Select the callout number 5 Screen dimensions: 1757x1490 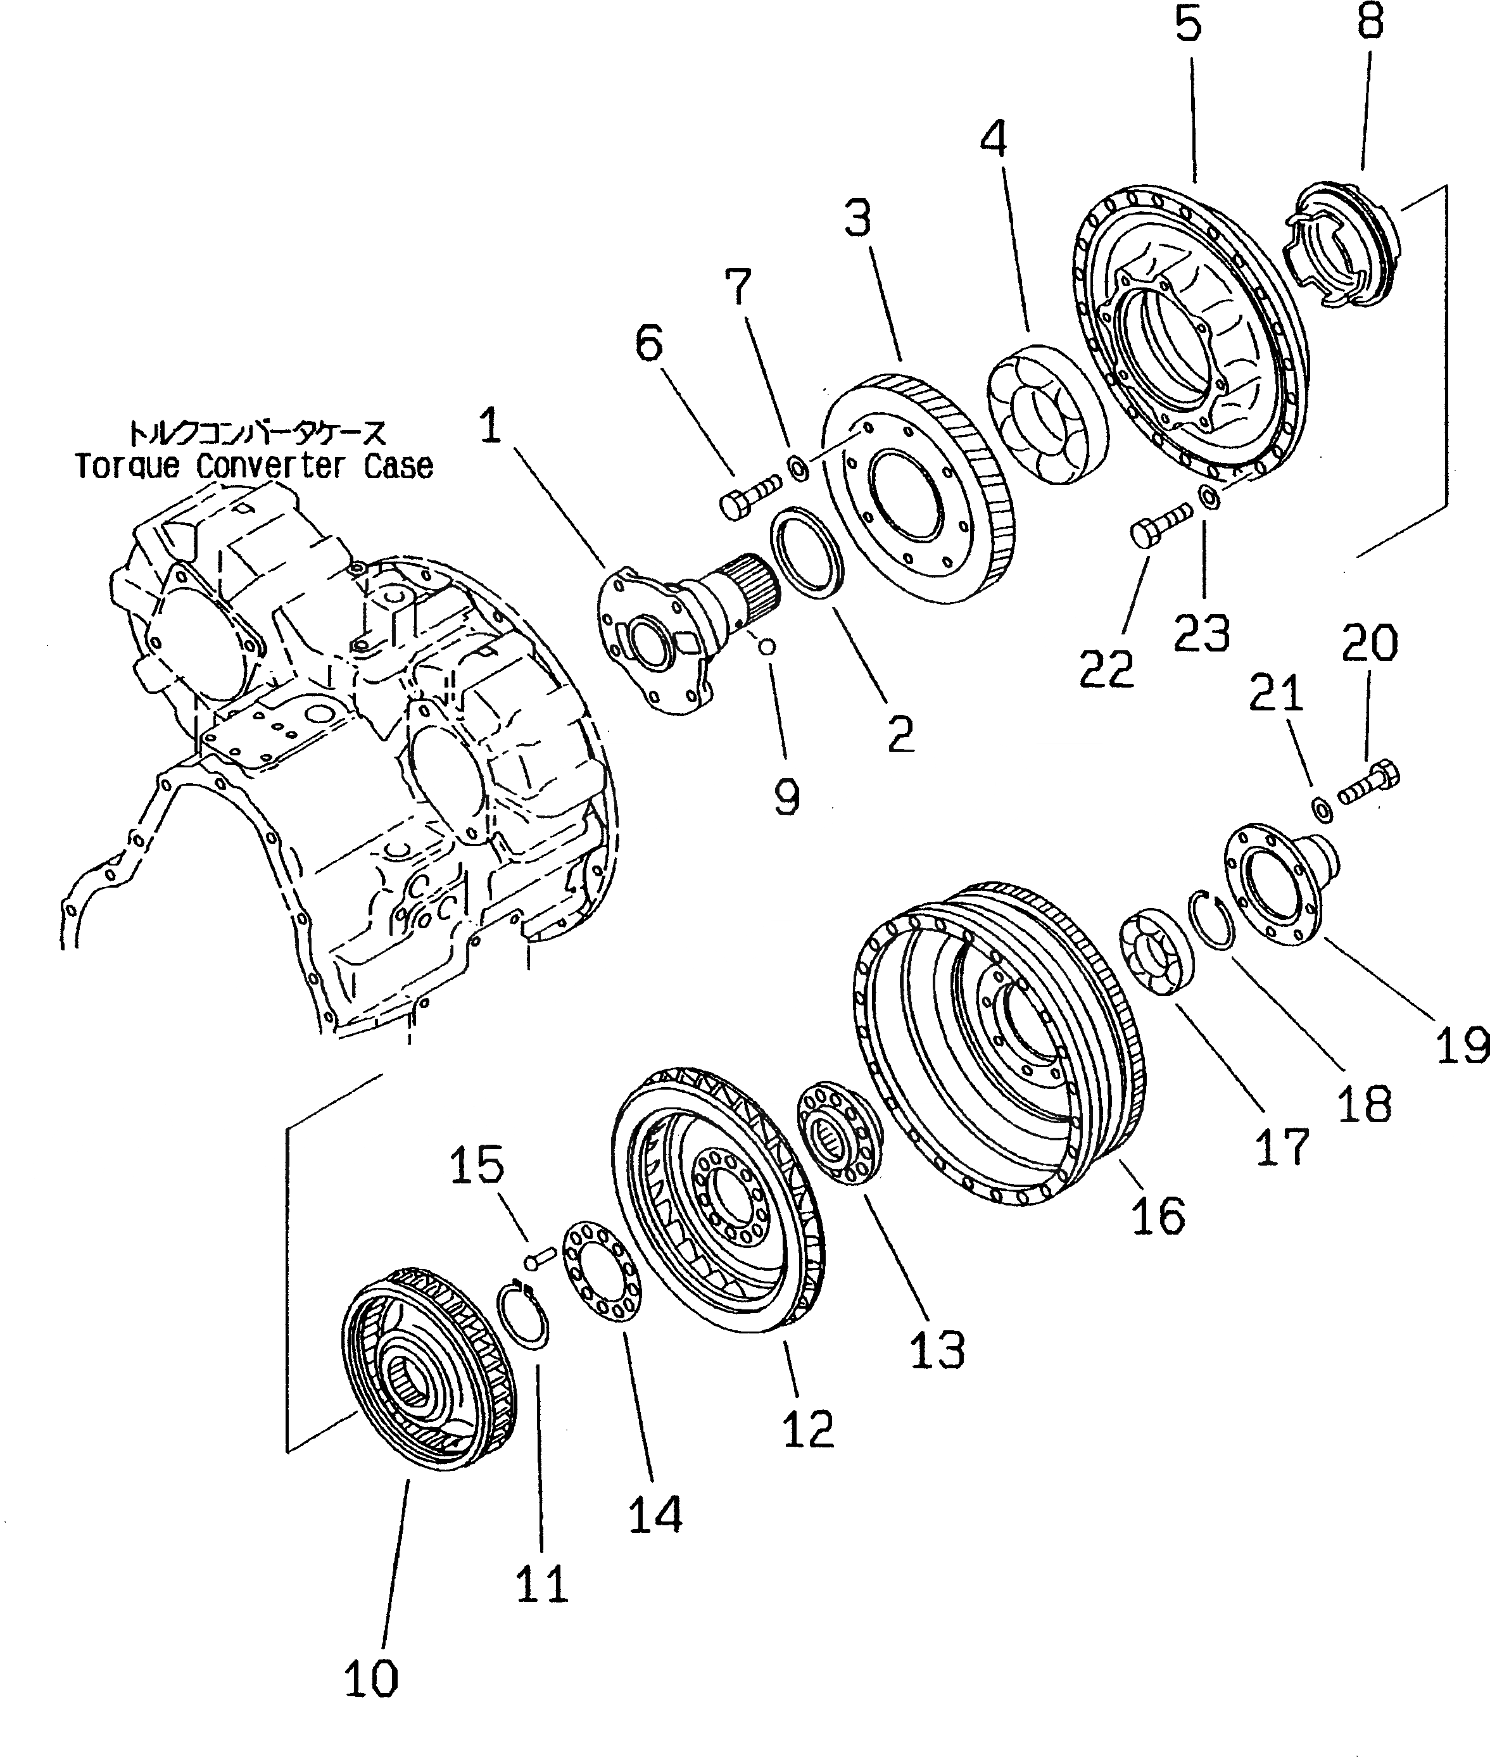1187,25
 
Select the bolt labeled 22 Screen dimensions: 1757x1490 1161,524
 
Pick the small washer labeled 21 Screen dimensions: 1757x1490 1323,807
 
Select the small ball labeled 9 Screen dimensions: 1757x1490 767,646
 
